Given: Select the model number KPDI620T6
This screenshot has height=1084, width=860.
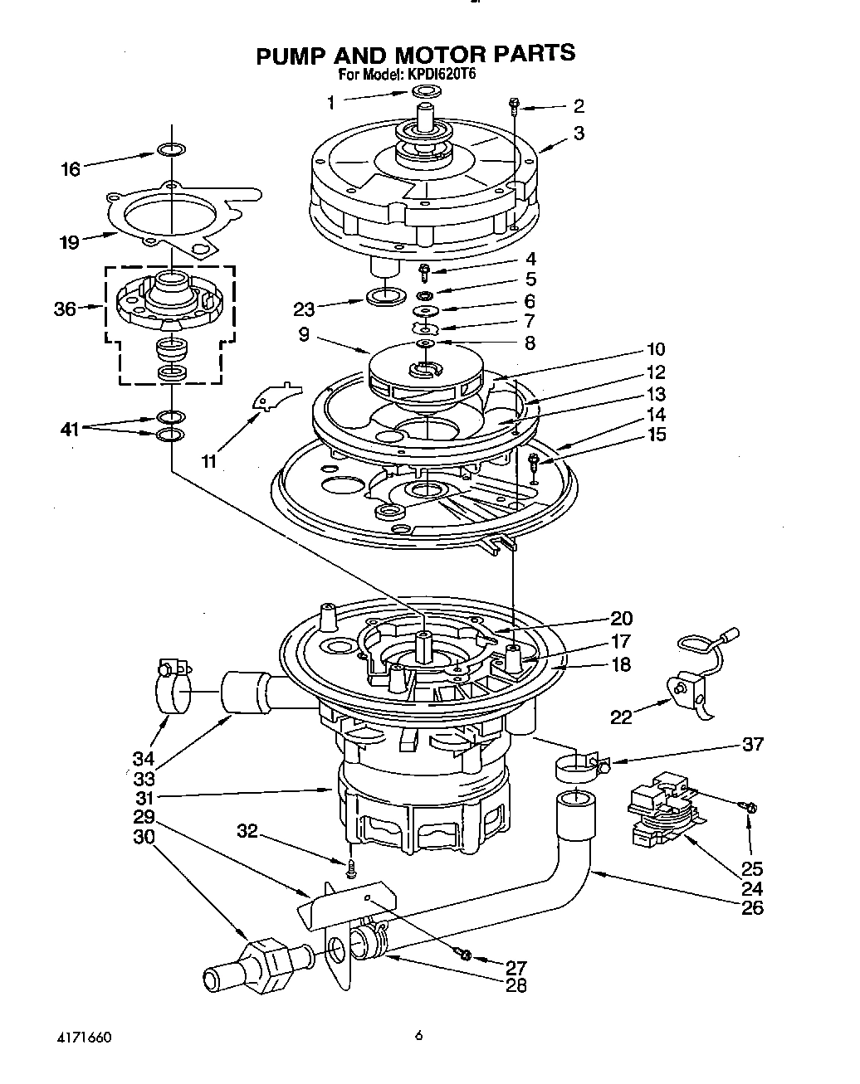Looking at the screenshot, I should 441,74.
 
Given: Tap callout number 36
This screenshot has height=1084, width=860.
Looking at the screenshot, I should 65,309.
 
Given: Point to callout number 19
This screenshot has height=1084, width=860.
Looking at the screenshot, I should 69,242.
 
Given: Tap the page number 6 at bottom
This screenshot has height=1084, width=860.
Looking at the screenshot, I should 419,1035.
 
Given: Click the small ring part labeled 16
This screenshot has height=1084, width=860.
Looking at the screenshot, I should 169,150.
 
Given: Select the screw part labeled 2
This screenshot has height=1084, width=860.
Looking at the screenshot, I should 514,105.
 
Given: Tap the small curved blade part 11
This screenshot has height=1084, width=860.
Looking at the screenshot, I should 275,394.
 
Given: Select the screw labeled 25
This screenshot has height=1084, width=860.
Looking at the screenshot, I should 750,806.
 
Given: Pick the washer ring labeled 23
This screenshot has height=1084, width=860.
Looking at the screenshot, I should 383,295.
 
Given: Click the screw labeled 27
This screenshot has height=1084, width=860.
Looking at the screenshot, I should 465,955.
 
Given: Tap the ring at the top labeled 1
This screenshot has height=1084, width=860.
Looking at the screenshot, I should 425,90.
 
